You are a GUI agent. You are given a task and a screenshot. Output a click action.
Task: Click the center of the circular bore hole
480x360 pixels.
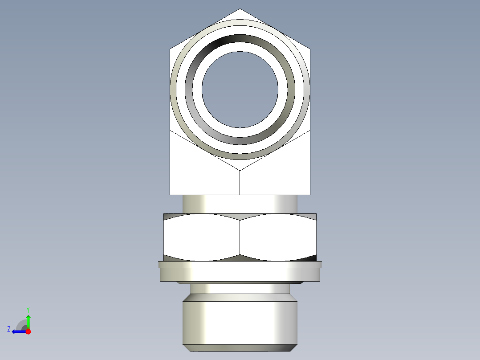(240, 89)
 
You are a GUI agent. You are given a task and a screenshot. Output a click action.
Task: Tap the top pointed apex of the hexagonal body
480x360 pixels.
(240, 9)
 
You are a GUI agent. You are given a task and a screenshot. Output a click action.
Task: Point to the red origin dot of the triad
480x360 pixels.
(28, 331)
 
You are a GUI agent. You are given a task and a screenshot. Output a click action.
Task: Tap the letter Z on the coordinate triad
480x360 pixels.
(9, 329)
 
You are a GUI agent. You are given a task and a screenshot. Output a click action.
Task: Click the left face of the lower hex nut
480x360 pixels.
(202, 237)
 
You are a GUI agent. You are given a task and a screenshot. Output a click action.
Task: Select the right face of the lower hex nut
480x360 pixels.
(278, 237)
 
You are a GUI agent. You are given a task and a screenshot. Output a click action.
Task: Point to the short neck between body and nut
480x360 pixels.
(240, 204)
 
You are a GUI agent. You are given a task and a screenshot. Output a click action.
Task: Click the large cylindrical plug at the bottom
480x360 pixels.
(240, 323)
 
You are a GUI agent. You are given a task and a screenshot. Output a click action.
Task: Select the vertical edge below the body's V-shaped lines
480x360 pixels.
(240, 183)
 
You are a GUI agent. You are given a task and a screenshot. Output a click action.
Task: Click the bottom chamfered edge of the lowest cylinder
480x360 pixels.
(240, 348)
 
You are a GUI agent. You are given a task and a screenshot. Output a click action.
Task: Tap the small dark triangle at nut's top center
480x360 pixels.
(240, 217)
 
